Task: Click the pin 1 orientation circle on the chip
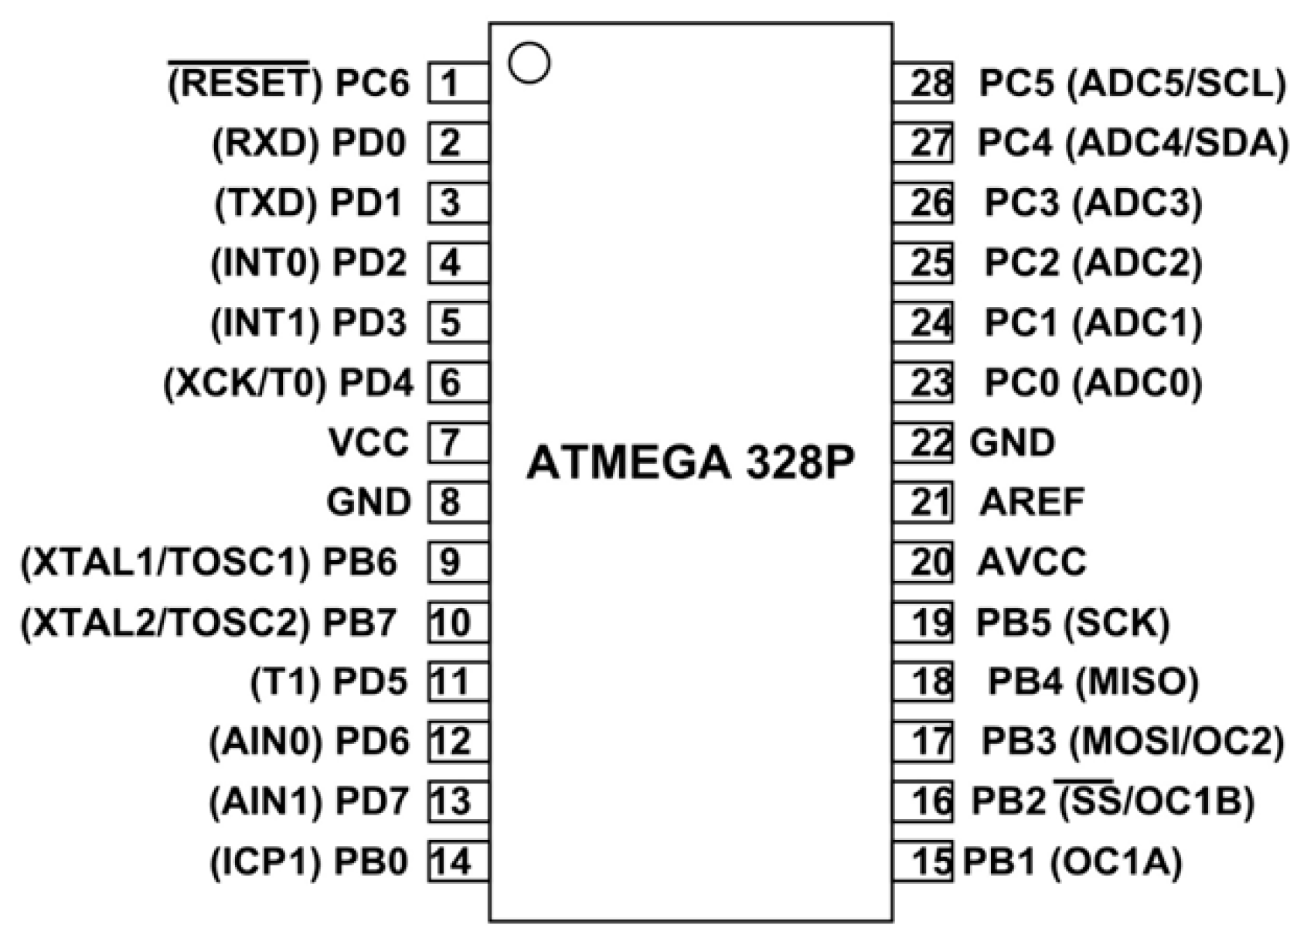tap(529, 63)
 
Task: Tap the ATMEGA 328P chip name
tap(690, 463)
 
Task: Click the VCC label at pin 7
tap(369, 442)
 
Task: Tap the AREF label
tap(1032, 503)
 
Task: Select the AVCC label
tap(1032, 562)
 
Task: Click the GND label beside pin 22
tap(1013, 442)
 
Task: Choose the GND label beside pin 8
tap(369, 503)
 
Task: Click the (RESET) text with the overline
tap(243, 83)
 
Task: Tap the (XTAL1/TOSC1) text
tap(165, 562)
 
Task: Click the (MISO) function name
tap(1136, 681)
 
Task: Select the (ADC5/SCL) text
tap(1176, 83)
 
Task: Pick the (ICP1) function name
tap(265, 861)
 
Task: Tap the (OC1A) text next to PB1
tap(1117, 861)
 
